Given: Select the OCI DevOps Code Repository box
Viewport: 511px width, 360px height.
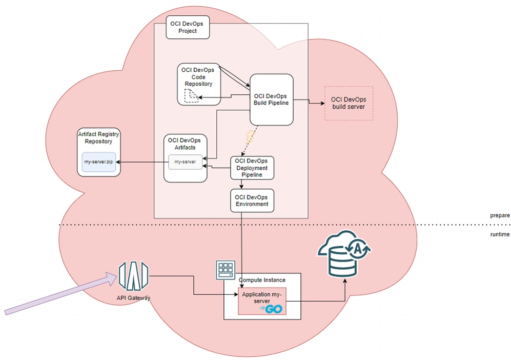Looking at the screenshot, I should (199, 77).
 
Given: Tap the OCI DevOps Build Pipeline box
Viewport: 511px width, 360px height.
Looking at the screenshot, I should (271, 99).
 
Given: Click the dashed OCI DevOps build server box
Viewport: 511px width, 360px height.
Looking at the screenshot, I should (349, 103).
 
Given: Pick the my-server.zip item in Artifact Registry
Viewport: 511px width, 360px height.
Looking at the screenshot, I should (99, 162).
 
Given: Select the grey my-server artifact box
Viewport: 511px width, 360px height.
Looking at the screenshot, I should (185, 162).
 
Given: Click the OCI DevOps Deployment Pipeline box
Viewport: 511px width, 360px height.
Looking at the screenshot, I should (252, 168).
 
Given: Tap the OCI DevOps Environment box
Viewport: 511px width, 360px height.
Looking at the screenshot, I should (252, 201).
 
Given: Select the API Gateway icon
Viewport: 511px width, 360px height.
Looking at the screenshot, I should (133, 276).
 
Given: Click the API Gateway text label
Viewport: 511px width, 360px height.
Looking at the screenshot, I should (133, 297).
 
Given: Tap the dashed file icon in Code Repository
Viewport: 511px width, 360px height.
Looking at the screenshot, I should (192, 95).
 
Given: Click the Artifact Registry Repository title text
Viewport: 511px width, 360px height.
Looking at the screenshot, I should (99, 137).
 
